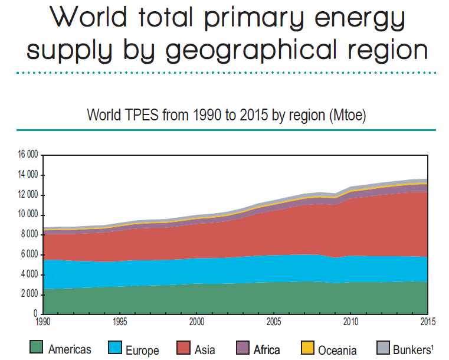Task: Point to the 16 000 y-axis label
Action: pyautogui.click(x=28, y=155)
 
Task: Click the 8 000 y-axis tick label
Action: pyautogui.click(x=30, y=235)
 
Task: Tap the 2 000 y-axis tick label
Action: pyautogui.click(x=30, y=294)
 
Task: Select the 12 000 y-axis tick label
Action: pyautogui.click(x=28, y=195)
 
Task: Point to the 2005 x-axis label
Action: pyautogui.click(x=274, y=321)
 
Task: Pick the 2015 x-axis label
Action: pyautogui.click(x=427, y=321)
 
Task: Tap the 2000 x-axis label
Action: pyautogui.click(x=197, y=321)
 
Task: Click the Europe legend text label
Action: pyautogui.click(x=142, y=350)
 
